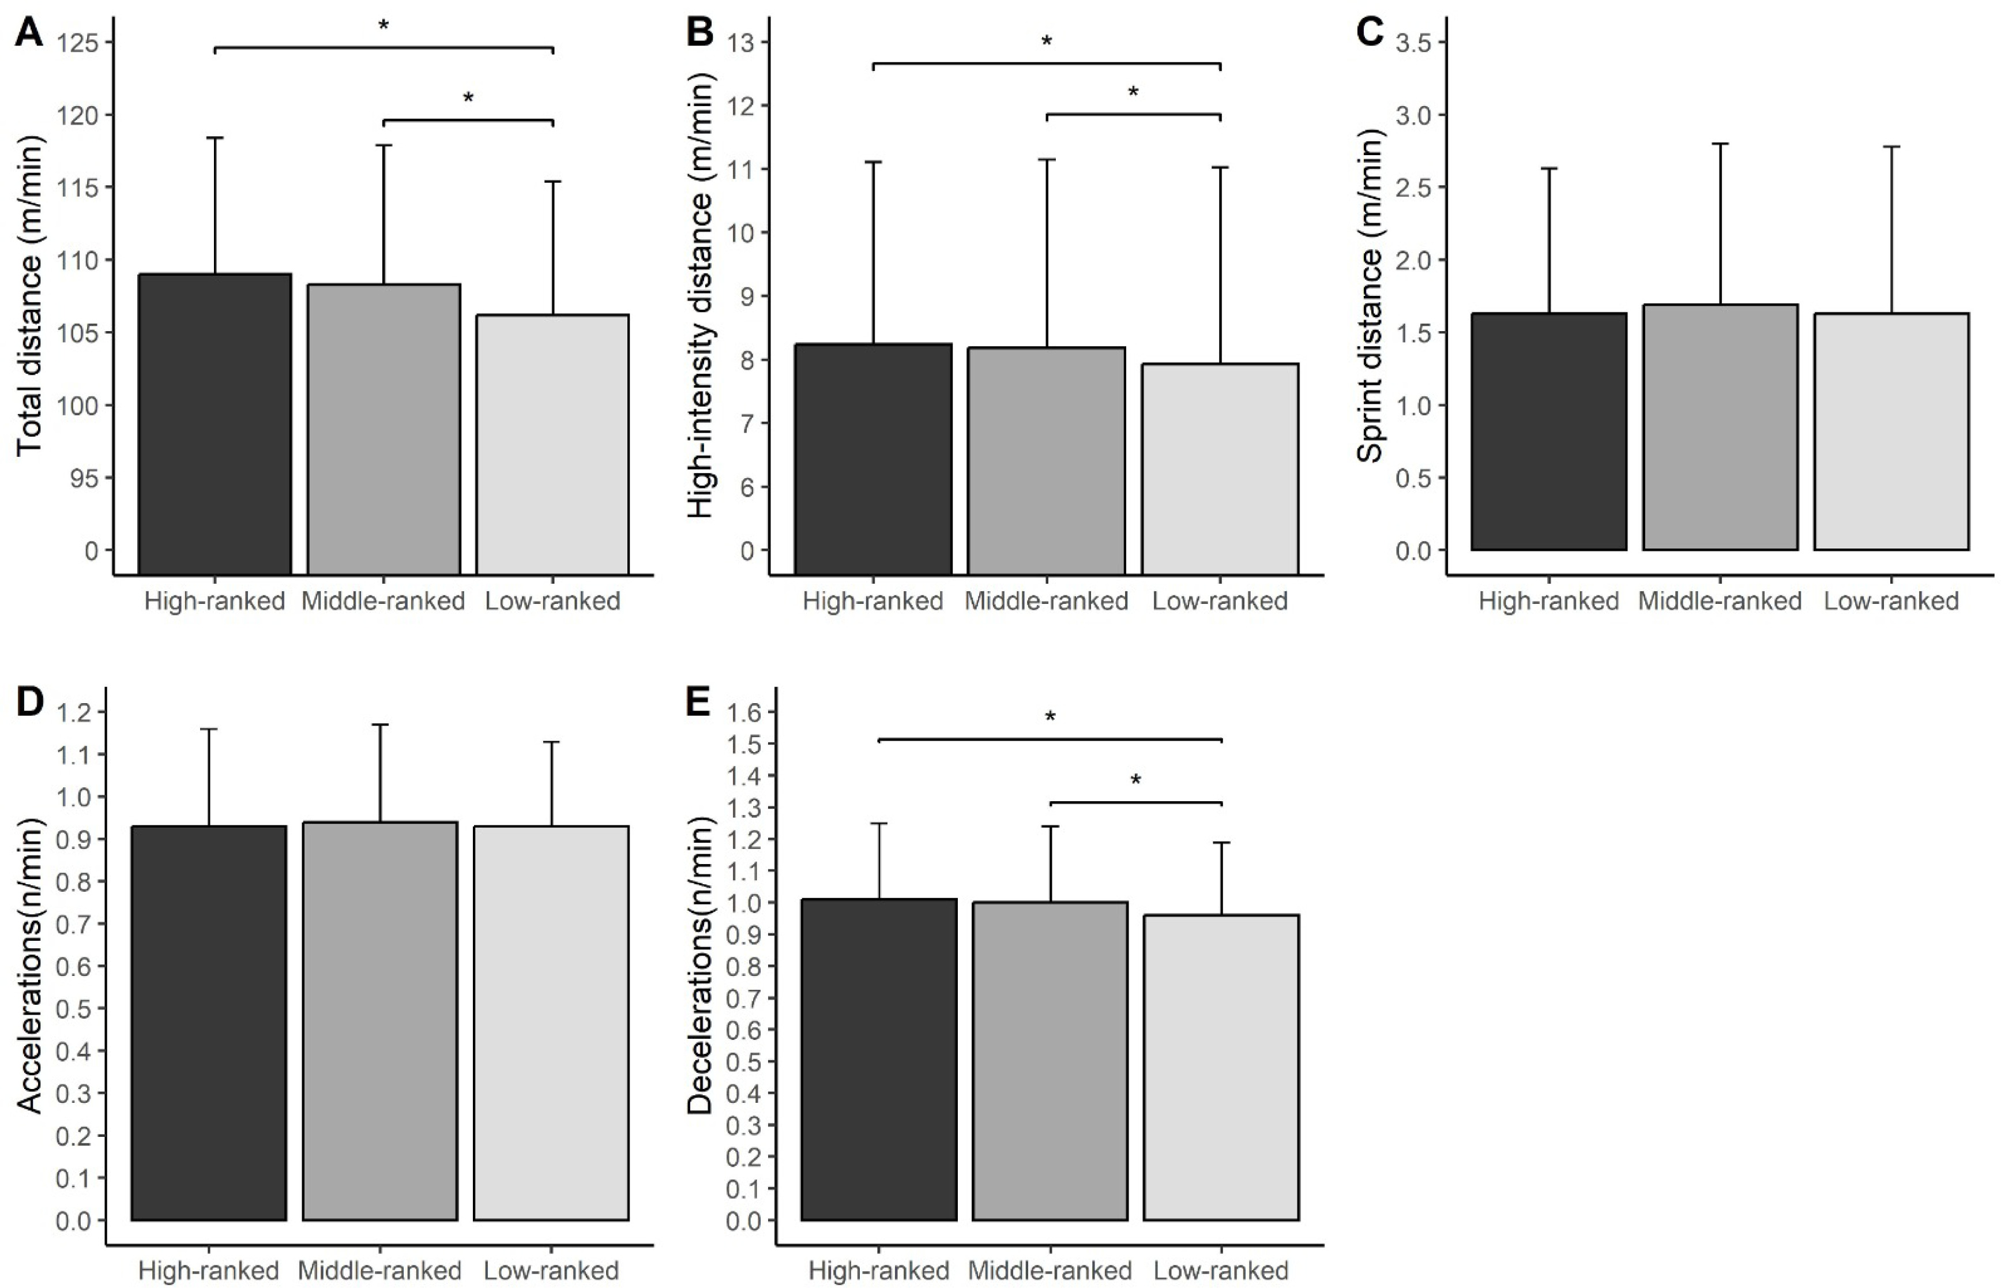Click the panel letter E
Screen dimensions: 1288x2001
[699, 703]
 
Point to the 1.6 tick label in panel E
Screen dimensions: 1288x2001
[745, 712]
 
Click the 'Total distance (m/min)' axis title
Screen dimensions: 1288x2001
[30, 297]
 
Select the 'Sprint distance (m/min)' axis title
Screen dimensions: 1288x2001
[1370, 297]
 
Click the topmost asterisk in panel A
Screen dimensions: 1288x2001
[384, 26]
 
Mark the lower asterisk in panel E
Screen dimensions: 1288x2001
[1135, 780]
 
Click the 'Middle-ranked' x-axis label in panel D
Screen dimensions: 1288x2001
[379, 1271]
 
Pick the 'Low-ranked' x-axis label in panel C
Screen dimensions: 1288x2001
[1891, 602]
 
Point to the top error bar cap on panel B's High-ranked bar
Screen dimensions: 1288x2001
[874, 162]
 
